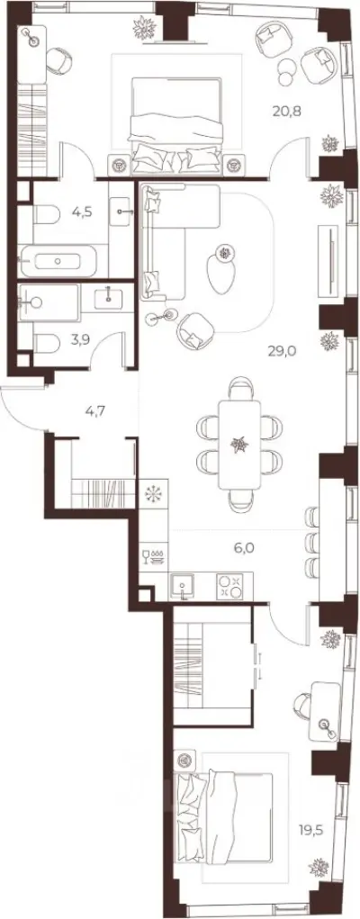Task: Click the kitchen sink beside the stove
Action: (184, 586)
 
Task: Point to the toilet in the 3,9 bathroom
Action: (47, 344)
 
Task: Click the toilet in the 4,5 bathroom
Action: (46, 214)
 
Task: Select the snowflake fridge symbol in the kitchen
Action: (154, 493)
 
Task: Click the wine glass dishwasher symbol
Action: (153, 556)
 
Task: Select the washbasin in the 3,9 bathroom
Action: (109, 298)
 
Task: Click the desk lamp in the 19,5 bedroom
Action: (326, 725)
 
